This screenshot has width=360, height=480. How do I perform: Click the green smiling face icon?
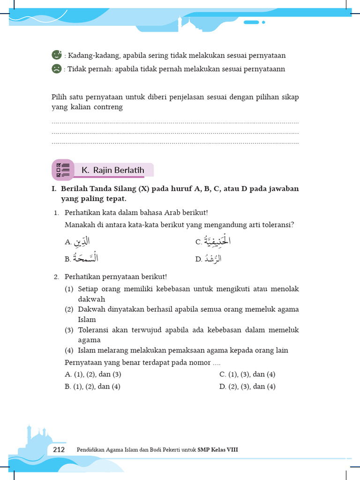(56, 55)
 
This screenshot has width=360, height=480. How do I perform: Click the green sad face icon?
(56, 69)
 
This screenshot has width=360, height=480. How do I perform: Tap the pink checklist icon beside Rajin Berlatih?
(62, 170)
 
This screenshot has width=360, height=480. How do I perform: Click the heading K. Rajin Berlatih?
(112, 170)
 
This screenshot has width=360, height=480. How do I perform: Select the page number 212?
(59, 450)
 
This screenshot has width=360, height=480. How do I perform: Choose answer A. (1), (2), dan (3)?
(93, 374)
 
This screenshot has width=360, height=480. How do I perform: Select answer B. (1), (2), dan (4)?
(93, 386)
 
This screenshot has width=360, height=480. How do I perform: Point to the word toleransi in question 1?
(277, 225)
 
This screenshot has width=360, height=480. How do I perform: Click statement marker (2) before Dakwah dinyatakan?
(69, 309)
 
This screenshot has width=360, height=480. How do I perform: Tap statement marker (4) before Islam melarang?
(69, 350)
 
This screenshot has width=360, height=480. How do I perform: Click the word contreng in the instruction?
(107, 107)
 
